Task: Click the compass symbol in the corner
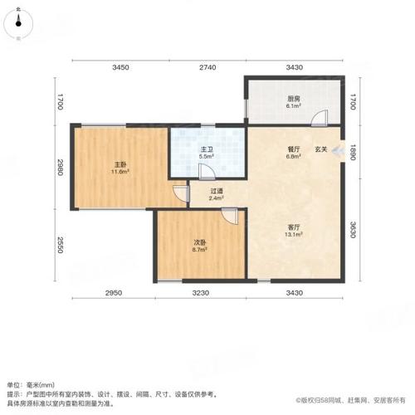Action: coord(18,23)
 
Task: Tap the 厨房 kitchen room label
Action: coord(294,99)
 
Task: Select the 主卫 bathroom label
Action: coord(207,149)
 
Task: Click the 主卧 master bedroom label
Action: coord(120,165)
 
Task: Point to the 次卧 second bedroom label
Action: coord(200,242)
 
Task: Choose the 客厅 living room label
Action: coord(294,227)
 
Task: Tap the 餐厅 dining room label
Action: coord(294,149)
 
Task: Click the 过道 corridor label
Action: coord(217,191)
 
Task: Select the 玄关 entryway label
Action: coord(321,149)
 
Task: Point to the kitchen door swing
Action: coord(320,118)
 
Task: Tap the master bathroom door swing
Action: coord(207,172)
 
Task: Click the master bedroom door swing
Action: coord(181,193)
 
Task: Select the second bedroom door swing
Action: coord(230,216)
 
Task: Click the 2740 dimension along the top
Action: coord(207,67)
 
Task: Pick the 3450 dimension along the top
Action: coord(120,67)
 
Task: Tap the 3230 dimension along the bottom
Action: coord(201,293)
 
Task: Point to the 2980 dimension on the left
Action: coord(60,167)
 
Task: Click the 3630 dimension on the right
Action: coord(353,230)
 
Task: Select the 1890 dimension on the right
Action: coord(353,152)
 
